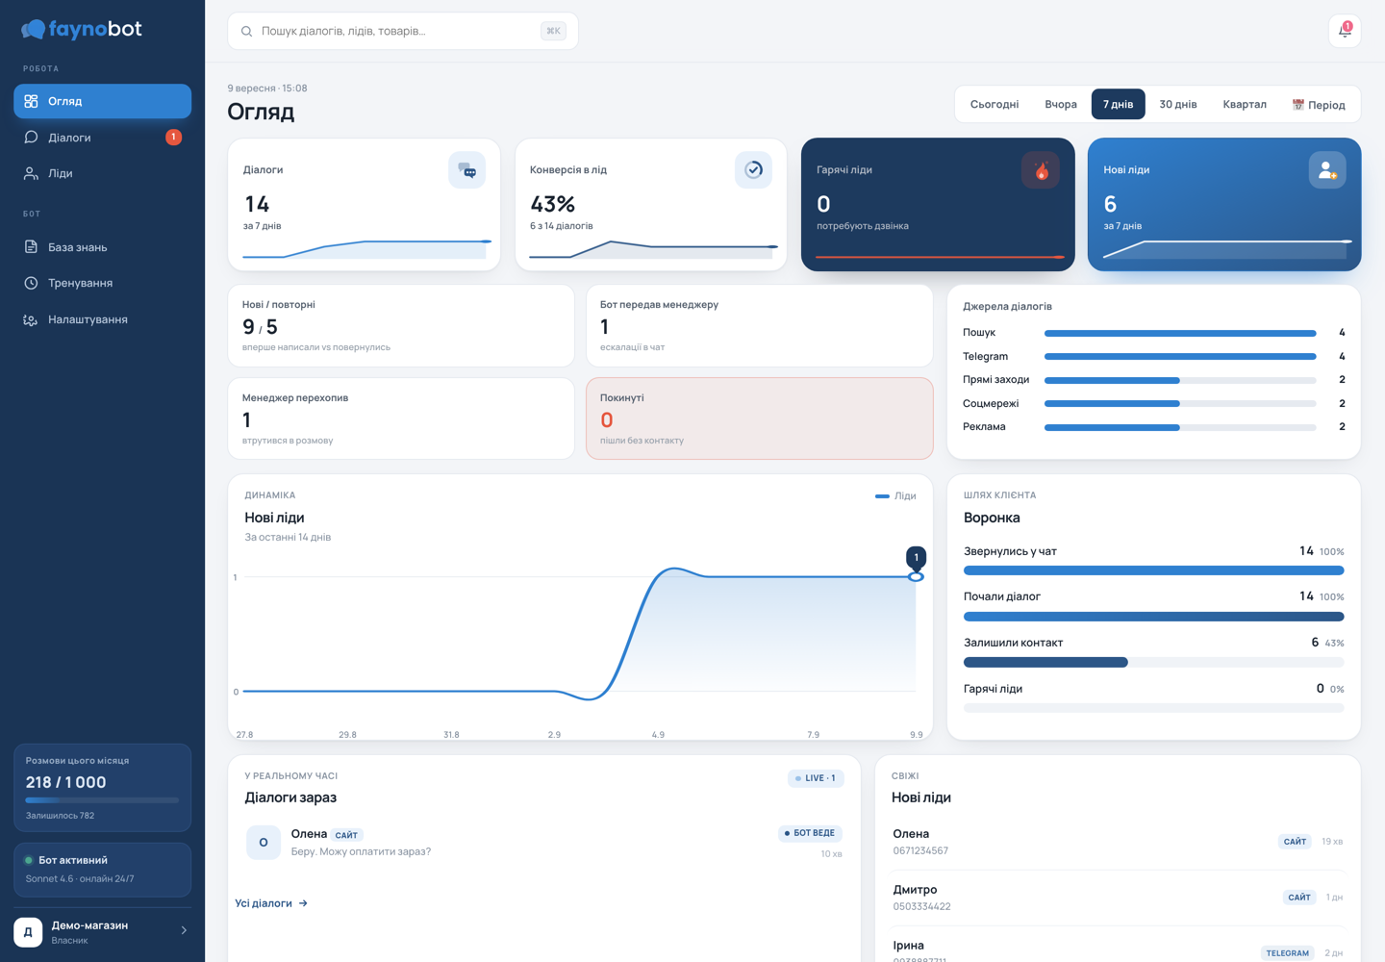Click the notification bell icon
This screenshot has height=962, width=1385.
tap(1345, 30)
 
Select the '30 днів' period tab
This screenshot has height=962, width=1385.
tap(1177, 104)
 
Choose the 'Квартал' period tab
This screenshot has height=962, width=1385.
tap(1244, 104)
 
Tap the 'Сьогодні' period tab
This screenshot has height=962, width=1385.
tap(995, 104)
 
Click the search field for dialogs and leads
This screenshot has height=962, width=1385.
tap(402, 31)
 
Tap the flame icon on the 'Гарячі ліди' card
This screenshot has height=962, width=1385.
tap(1041, 170)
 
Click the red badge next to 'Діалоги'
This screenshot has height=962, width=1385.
tap(174, 137)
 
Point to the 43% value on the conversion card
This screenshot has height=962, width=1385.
tap(552, 204)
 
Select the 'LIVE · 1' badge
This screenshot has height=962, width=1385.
tap(816, 777)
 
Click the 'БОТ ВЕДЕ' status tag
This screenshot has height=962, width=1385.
tap(810, 833)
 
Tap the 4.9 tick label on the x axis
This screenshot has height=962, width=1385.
tap(658, 734)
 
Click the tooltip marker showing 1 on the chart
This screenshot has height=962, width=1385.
tap(917, 557)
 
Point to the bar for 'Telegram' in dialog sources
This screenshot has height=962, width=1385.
tap(1180, 357)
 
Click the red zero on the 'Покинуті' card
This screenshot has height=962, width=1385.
tap(607, 420)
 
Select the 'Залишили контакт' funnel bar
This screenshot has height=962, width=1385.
tap(1045, 662)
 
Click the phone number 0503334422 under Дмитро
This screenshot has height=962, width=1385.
tap(921, 906)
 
